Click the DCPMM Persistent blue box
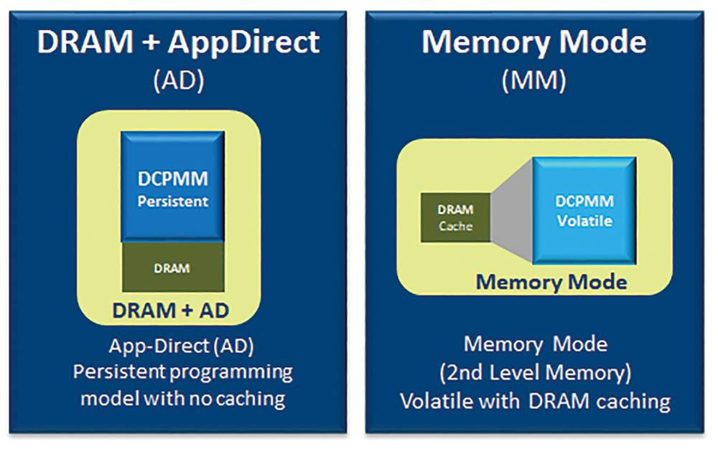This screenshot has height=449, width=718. pyautogui.click(x=172, y=186)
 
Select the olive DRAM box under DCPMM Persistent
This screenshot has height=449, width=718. pyautogui.click(x=173, y=267)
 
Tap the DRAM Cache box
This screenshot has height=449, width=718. pyautogui.click(x=456, y=217)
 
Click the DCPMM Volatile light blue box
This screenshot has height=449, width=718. pyautogui.click(x=584, y=211)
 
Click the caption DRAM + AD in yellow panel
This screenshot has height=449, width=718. pyautogui.click(x=170, y=311)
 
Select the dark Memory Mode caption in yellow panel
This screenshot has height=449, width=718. pyautogui.click(x=551, y=282)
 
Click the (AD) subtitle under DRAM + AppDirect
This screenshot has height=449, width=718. pyautogui.click(x=179, y=81)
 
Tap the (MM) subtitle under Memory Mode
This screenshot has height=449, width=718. pyautogui.click(x=534, y=81)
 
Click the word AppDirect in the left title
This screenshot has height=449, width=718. pyautogui.click(x=243, y=43)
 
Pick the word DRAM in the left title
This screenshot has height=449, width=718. pyautogui.click(x=85, y=42)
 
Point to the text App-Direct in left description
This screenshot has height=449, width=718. pyautogui.click(x=160, y=346)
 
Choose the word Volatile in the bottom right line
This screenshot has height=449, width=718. pyautogui.click(x=437, y=401)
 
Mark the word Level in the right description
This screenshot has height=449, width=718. pyautogui.click(x=515, y=373)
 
